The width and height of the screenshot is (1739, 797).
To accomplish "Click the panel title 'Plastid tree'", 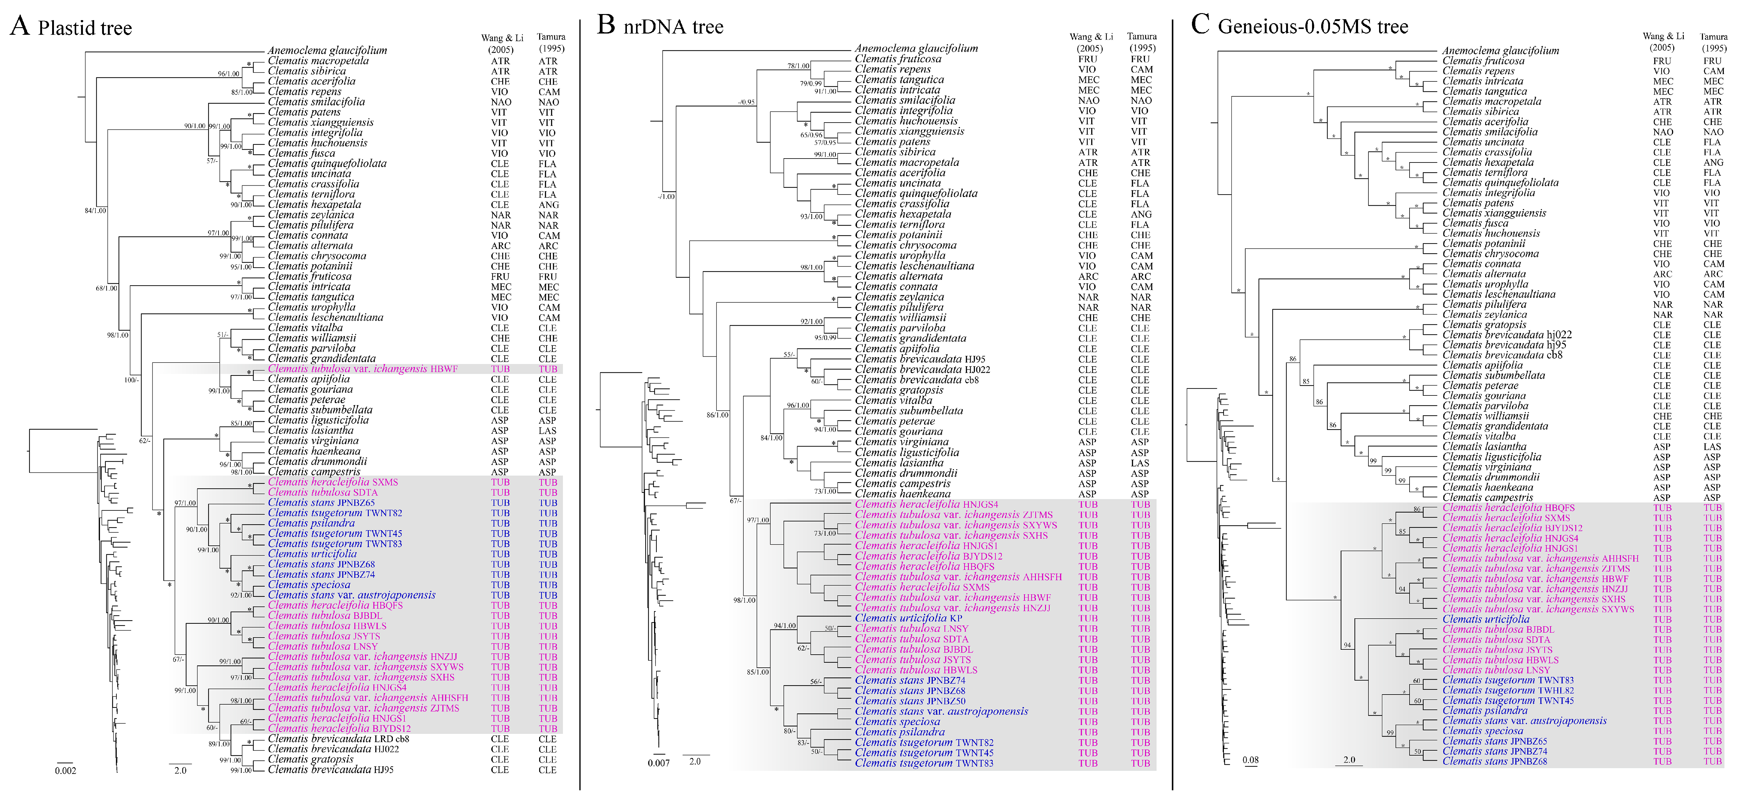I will coord(84,28).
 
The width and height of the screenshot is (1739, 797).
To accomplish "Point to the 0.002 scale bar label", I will coord(66,771).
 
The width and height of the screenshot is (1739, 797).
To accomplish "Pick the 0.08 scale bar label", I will coord(1250,760).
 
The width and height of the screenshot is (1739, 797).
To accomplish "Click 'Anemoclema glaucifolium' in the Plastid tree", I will coord(327,50).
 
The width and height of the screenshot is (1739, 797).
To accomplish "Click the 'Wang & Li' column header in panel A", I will coord(502,38).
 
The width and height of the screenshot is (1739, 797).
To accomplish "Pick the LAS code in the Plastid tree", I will coord(547,430).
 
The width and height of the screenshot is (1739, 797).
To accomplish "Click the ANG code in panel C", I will coord(1713,162).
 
